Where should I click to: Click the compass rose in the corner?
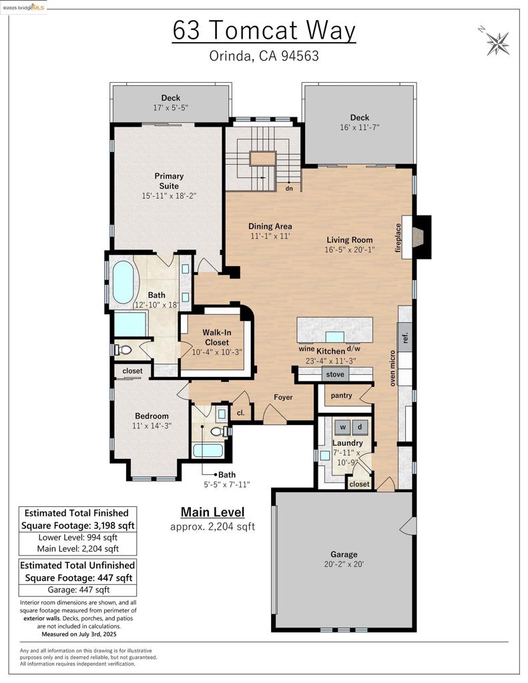point(497,42)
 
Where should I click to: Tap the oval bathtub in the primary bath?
point(123,282)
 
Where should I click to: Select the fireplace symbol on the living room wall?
point(418,237)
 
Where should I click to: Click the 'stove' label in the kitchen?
point(335,374)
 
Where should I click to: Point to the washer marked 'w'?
point(342,428)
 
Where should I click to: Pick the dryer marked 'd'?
point(360,428)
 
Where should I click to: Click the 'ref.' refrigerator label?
point(405,337)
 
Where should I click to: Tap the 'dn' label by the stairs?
point(289,189)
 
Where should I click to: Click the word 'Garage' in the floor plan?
point(344,554)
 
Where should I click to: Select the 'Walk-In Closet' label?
point(217,337)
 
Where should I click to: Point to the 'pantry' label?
point(341,396)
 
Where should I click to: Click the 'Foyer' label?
point(283,398)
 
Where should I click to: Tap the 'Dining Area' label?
point(270,226)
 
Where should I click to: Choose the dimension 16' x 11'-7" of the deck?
point(360,127)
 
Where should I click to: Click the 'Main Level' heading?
point(213,512)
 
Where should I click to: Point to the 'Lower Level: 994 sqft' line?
point(77,538)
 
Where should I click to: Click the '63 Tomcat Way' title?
point(264,31)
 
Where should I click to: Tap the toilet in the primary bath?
point(123,350)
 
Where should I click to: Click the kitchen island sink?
point(335,337)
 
